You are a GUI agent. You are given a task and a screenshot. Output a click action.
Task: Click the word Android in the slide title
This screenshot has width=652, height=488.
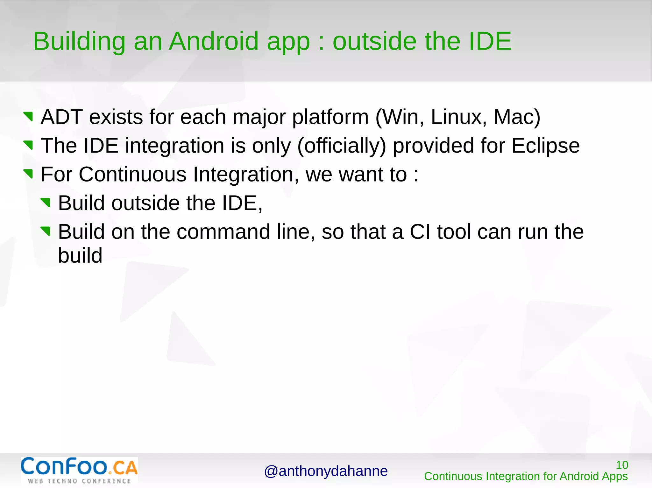213,41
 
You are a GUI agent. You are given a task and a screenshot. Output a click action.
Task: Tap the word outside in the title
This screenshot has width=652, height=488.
374,41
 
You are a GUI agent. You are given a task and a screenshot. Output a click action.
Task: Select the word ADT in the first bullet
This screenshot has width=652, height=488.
62,117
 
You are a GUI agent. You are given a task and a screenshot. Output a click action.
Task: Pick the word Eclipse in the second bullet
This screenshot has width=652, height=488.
545,146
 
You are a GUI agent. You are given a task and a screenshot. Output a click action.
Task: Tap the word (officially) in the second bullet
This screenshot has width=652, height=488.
341,146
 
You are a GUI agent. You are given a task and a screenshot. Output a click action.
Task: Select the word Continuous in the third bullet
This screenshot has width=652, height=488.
132,175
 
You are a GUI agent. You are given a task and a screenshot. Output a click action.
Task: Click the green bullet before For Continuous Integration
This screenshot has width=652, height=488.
28,174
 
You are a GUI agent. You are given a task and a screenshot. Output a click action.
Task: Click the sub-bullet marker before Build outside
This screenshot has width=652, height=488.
46,203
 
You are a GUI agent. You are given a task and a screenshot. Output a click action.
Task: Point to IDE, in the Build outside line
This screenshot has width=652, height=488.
242,203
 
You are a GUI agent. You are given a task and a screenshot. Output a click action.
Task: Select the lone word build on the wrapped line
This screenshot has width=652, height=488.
80,255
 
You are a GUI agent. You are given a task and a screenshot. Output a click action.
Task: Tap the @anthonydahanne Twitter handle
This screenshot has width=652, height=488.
326,471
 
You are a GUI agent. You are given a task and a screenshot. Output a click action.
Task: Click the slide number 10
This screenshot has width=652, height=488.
622,465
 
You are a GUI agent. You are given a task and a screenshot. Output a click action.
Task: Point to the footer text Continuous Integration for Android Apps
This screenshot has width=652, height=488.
526,476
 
